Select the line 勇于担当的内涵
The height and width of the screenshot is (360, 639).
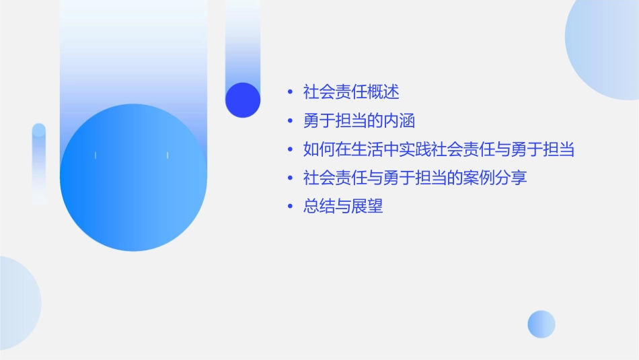click(x=359, y=120)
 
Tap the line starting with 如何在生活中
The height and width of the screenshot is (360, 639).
click(x=439, y=149)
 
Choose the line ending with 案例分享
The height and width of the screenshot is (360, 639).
click(x=415, y=178)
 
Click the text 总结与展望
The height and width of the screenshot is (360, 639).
click(x=343, y=207)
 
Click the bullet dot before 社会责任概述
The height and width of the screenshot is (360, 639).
click(x=289, y=92)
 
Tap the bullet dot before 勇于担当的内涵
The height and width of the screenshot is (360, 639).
click(x=289, y=121)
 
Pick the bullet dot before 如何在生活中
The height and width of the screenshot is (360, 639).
click(x=289, y=150)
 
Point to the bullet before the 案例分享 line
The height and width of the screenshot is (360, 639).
click(x=289, y=179)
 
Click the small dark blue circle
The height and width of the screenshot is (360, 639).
click(x=243, y=100)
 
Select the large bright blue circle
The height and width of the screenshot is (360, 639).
click(x=133, y=178)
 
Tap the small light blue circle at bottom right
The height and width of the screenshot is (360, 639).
click(x=541, y=324)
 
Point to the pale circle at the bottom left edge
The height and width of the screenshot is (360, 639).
click(x=17, y=303)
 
